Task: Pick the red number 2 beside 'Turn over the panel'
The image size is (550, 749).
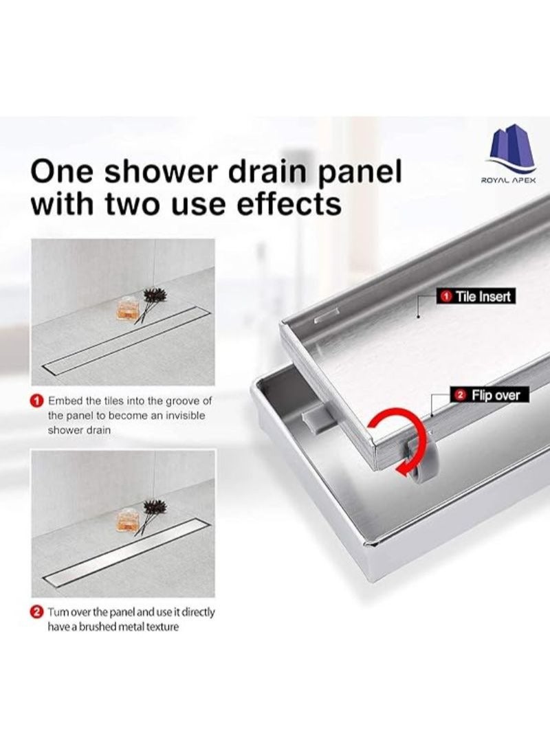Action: coord(37,611)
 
